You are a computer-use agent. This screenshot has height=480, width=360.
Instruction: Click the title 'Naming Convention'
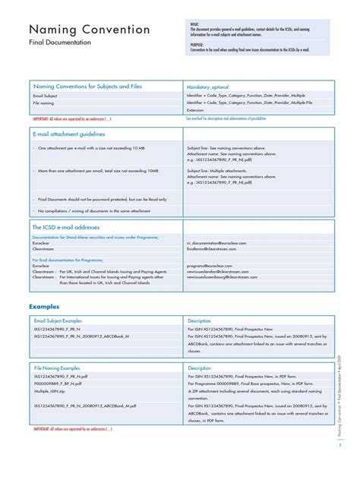89,30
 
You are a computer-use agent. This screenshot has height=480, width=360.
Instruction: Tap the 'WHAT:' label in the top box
195,24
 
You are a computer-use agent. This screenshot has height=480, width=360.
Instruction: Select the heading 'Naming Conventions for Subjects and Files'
87,87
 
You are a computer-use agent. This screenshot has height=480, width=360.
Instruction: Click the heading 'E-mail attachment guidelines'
68,134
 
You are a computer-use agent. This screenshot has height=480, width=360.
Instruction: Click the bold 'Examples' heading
44,306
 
